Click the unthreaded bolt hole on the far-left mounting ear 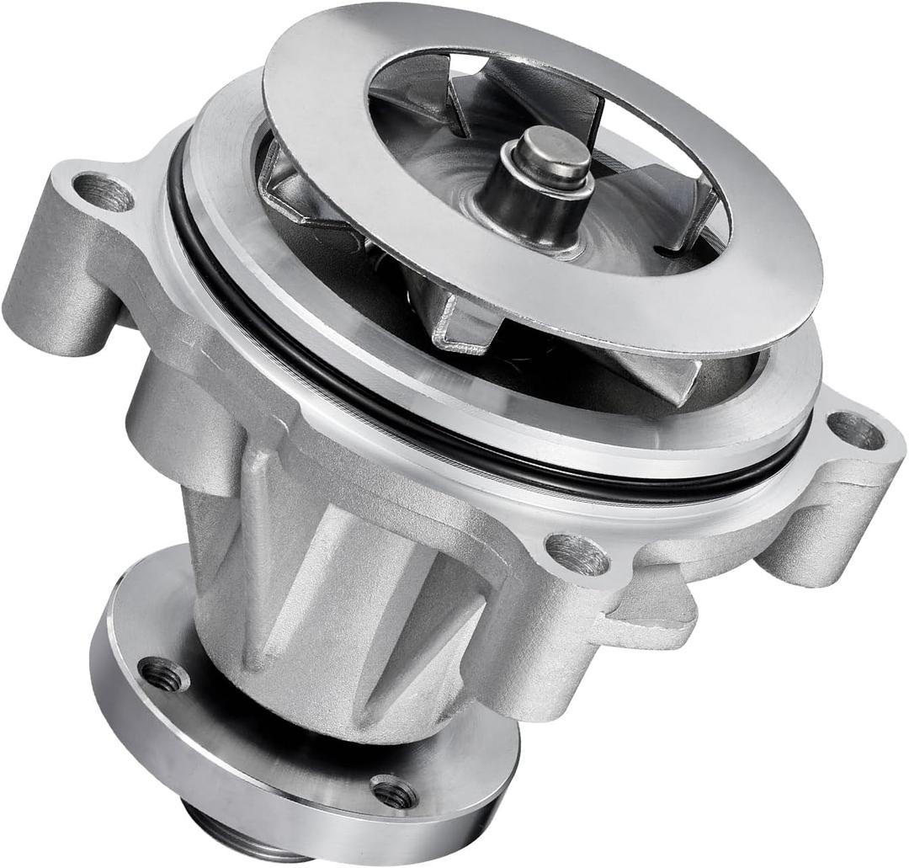coord(104,193)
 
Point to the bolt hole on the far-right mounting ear coord(856,431)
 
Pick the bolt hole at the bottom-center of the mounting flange coord(577,555)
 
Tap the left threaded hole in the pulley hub coord(163,674)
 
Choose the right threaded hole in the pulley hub coord(394,791)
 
